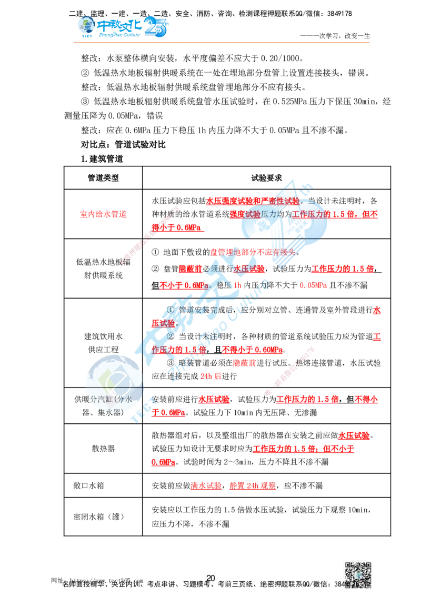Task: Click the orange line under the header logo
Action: click(221, 42)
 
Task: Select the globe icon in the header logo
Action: click(84, 26)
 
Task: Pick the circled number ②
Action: click(170, 336)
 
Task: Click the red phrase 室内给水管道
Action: click(103, 214)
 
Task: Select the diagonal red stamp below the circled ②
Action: click(289, 371)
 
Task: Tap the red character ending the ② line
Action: click(377, 337)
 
